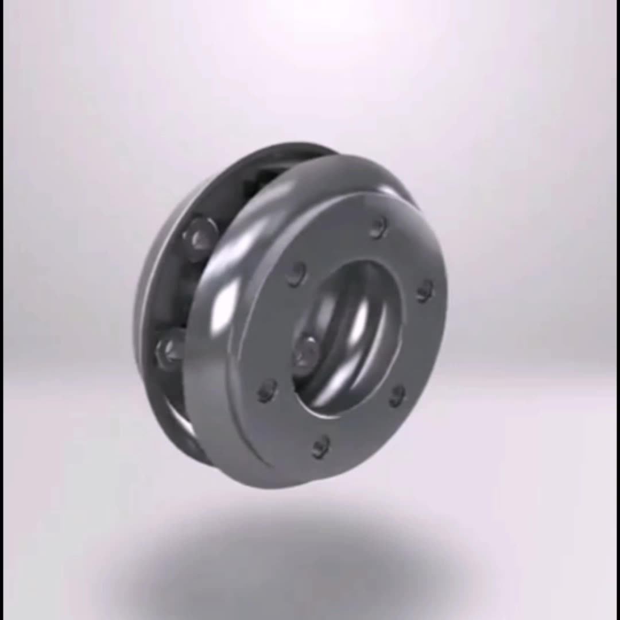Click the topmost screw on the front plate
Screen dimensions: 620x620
377,227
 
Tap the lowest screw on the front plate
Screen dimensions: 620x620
320,447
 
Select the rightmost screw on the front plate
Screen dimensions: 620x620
425,290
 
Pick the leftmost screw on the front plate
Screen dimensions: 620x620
267,391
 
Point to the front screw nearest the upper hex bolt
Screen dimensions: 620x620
296,274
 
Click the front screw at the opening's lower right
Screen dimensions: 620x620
397,396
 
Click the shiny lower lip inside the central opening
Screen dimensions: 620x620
339,396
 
